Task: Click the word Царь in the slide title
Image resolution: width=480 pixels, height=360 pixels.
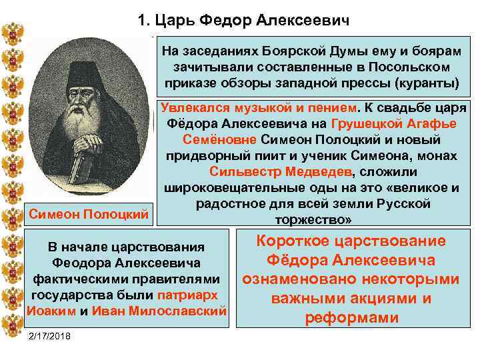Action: (172, 21)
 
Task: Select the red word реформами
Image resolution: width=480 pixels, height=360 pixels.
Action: (351, 318)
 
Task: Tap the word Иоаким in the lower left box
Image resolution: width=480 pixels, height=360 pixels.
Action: (51, 310)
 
